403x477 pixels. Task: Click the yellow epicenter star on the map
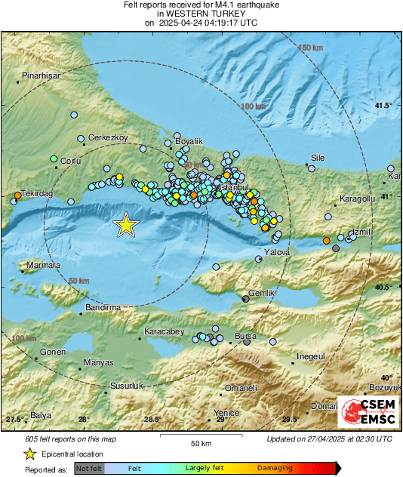pyautogui.click(x=126, y=224)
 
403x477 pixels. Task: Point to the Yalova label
pyautogui.click(x=277, y=252)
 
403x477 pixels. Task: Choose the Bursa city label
pyautogui.click(x=246, y=335)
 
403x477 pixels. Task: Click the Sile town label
pyautogui.click(x=316, y=158)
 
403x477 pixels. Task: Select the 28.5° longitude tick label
pyautogui.click(x=152, y=420)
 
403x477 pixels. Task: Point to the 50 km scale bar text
pyautogui.click(x=200, y=442)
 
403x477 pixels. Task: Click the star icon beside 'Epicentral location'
pyautogui.click(x=29, y=454)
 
